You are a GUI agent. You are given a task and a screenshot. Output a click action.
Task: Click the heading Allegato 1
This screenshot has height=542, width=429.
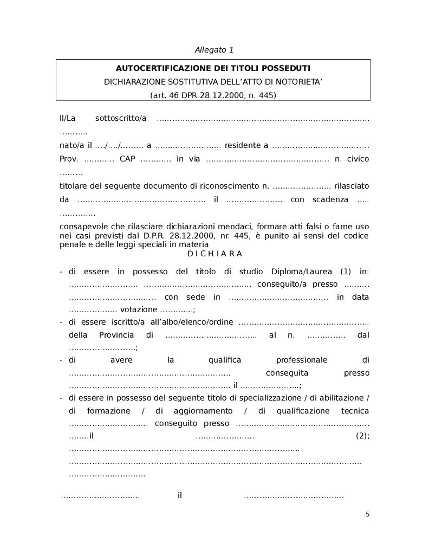click(x=214, y=50)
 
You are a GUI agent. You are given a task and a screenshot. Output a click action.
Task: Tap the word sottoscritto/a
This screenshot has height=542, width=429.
click(x=121, y=118)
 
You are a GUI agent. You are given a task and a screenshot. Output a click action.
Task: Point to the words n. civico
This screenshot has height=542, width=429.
click(x=352, y=159)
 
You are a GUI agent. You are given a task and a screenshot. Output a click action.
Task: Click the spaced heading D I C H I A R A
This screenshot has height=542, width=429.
click(x=214, y=254)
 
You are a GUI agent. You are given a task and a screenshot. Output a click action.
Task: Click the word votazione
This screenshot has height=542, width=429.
click(x=139, y=310)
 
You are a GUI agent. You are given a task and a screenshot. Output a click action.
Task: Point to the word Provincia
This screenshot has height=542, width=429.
click(x=116, y=335)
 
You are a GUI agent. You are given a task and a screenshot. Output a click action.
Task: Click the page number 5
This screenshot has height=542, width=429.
click(x=367, y=514)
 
